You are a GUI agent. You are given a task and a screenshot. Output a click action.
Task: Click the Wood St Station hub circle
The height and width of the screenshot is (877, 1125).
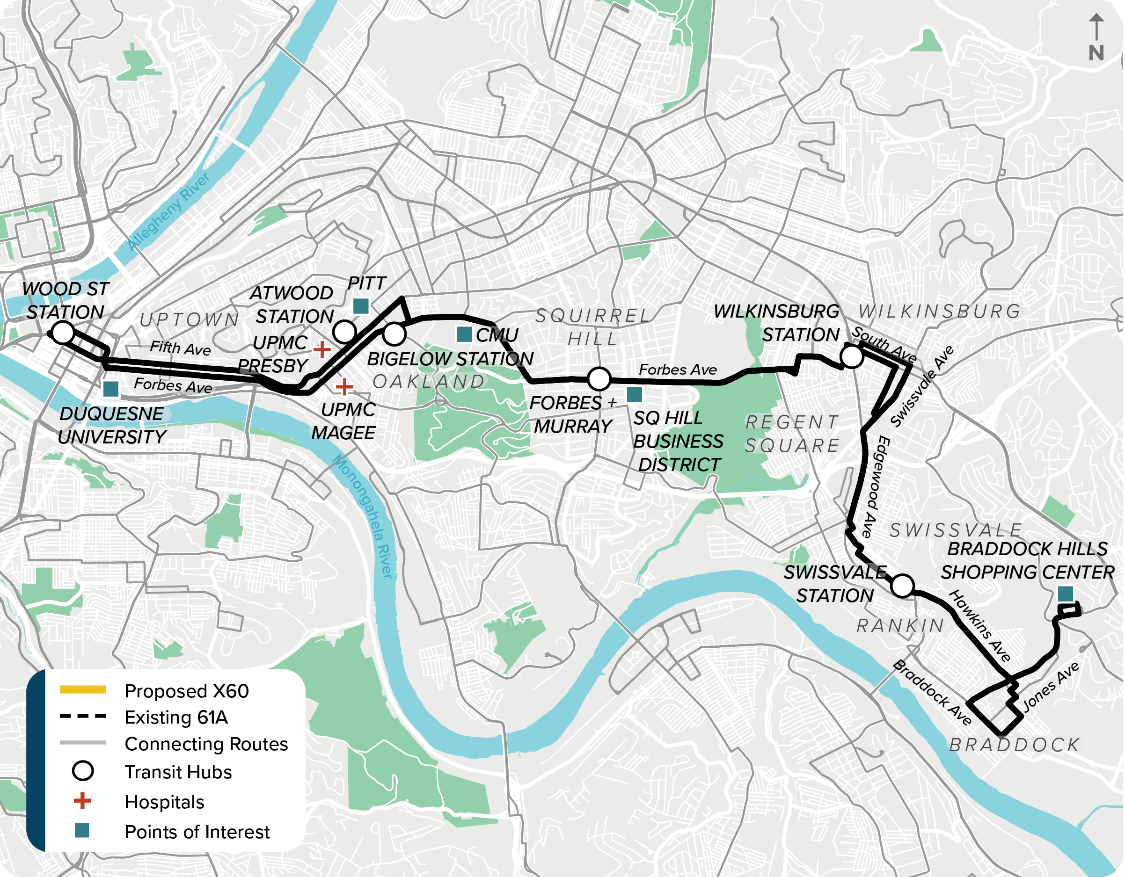(63, 333)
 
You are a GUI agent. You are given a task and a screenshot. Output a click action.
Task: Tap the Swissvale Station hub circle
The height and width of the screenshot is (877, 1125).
(902, 586)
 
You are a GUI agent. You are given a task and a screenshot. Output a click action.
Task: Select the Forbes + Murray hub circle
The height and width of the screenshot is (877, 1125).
(599, 379)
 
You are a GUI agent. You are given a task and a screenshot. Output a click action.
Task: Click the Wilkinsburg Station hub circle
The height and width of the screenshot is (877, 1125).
(852, 356)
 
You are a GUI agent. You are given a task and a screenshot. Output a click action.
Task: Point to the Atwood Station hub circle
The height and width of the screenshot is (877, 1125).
(344, 331)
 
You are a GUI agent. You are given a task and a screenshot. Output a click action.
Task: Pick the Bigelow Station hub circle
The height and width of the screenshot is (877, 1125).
(394, 333)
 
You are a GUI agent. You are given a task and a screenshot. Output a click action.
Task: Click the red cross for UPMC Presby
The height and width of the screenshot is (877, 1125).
(322, 349)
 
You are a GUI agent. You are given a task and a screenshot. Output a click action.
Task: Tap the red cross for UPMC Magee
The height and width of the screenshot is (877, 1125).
(344, 386)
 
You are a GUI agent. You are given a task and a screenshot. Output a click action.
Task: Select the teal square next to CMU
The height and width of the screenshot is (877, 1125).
(465, 334)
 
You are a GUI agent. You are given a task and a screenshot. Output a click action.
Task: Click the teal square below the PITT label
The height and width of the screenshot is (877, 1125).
(361, 306)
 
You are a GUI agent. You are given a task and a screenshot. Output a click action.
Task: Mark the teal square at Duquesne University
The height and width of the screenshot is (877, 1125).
(111, 389)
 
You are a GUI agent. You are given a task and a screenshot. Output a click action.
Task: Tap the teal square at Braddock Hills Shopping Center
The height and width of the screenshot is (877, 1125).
(1065, 594)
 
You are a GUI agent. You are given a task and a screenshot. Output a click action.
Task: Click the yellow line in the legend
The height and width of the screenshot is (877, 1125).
(83, 689)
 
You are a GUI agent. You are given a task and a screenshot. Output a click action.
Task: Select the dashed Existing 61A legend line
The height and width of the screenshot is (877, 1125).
(83, 716)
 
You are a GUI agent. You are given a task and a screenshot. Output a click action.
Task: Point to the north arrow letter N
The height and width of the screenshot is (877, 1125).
(1096, 53)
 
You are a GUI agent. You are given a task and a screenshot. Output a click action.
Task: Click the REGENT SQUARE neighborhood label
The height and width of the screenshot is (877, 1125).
(792, 434)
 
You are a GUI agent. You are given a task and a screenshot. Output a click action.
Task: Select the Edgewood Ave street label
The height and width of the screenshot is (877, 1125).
(876, 486)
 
